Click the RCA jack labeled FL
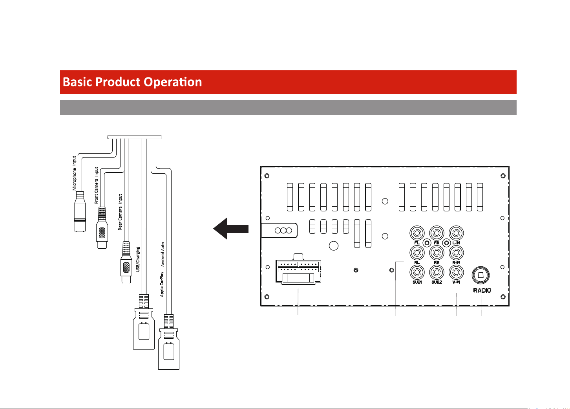pos(417,233)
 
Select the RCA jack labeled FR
pos(437,233)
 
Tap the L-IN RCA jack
pos(456,233)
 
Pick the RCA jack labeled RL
pos(417,253)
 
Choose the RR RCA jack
pos(437,253)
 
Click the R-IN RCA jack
pos(456,253)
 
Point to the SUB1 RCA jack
pos(417,272)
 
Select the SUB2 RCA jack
pos(437,272)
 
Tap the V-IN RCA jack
pos(456,272)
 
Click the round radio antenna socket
pos(480,275)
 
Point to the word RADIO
pos(482,290)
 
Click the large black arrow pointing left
pos(231,229)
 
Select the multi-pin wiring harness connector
pos(298,269)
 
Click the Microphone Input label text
pos(74,173)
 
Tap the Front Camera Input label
pos(97,185)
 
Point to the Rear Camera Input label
pos(120,212)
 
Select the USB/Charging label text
pos(138,259)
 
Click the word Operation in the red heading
pos(173,82)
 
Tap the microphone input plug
pos(80,212)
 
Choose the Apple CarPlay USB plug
pos(169,342)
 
